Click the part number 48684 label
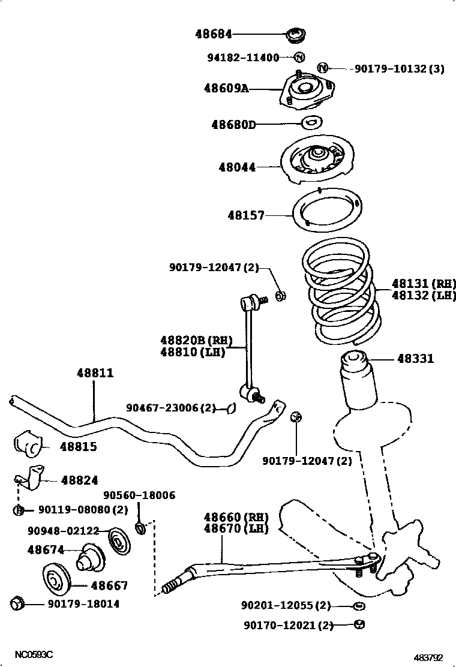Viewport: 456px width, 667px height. (x=214, y=35)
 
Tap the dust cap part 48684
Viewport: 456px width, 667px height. (x=296, y=35)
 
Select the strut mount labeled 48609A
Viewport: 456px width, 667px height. (x=303, y=91)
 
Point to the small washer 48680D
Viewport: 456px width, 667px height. (x=311, y=123)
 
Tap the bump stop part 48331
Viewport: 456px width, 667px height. (x=354, y=365)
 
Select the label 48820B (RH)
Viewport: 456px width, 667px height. (x=195, y=340)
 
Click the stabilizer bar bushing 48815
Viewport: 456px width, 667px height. (x=28, y=444)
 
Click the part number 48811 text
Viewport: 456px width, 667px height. (x=95, y=373)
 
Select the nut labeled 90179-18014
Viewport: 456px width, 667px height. (x=17, y=603)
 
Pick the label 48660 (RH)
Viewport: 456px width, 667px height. (x=235, y=517)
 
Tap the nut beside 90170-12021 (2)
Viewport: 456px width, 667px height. (x=359, y=624)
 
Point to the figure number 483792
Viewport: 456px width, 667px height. (x=431, y=657)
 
